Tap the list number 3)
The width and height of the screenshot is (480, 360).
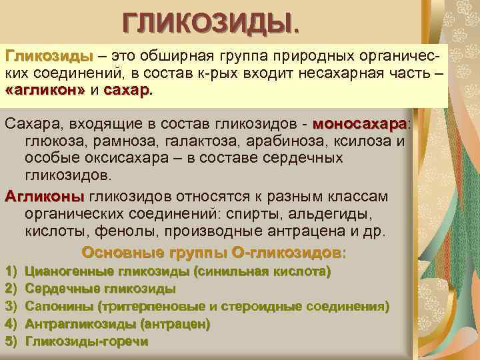[x=10, y=307]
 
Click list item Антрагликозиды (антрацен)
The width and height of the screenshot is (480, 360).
[x=117, y=324]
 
